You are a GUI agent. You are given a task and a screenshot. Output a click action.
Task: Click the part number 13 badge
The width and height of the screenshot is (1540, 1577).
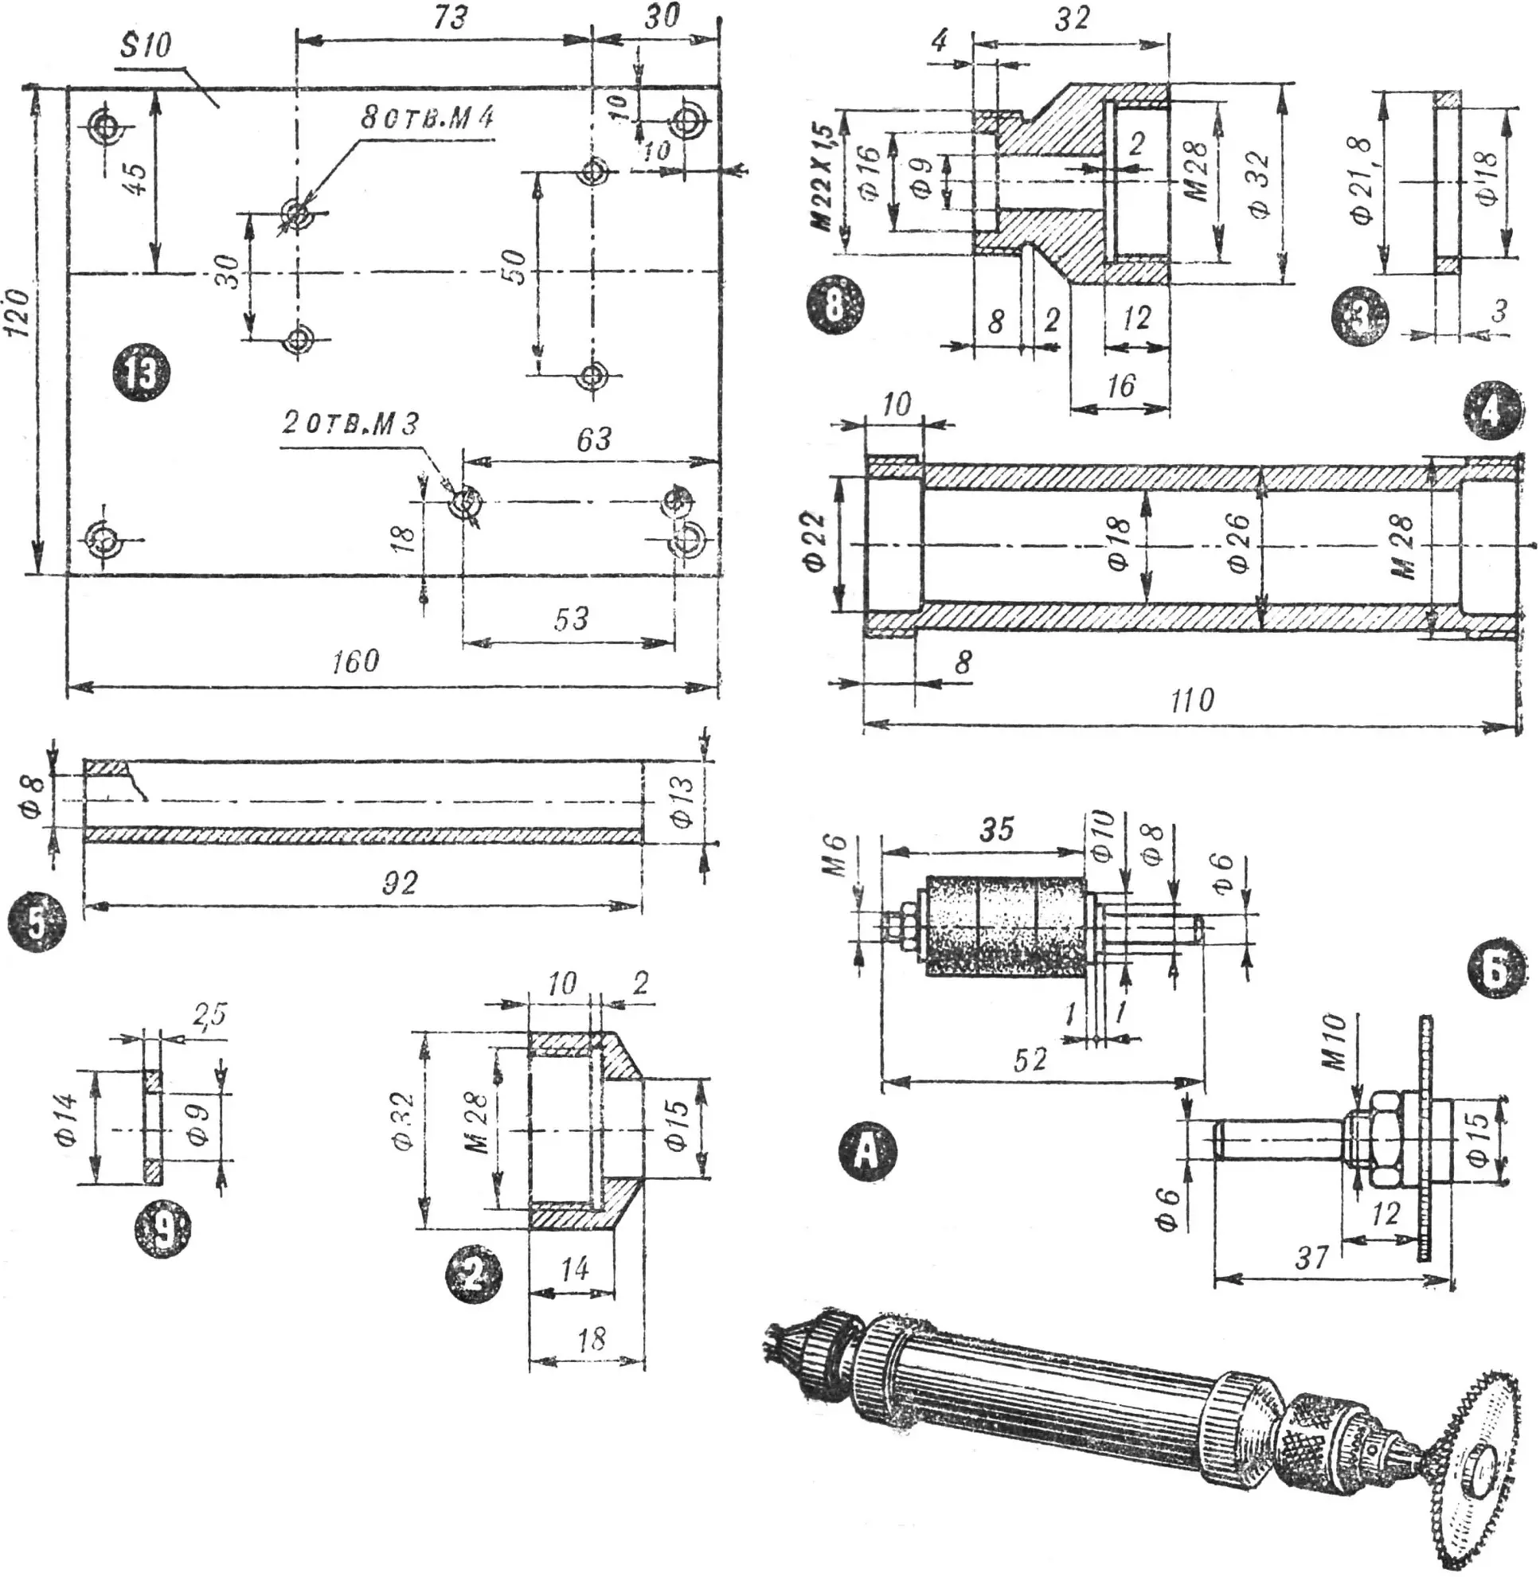141,373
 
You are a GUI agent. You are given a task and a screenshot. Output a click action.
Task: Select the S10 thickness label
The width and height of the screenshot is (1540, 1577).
147,45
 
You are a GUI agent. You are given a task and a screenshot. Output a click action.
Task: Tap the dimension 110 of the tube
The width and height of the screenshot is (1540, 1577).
1191,699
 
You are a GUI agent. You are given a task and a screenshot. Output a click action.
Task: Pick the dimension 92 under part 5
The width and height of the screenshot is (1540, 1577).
400,882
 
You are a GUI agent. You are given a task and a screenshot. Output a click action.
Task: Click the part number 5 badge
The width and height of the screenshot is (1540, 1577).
37,925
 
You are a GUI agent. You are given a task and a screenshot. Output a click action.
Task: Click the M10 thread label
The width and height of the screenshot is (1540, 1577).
1335,1044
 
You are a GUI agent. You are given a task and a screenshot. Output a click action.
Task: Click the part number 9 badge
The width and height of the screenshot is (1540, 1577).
162,1232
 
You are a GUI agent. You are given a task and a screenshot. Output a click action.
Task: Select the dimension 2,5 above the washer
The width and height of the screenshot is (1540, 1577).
209,1013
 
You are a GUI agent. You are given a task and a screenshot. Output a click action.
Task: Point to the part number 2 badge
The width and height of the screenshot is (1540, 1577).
474,1275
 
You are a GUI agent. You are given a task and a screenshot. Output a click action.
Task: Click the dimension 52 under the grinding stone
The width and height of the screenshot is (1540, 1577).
1029,1060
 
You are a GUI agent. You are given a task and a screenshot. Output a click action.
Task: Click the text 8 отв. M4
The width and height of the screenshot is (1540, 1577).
426,117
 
